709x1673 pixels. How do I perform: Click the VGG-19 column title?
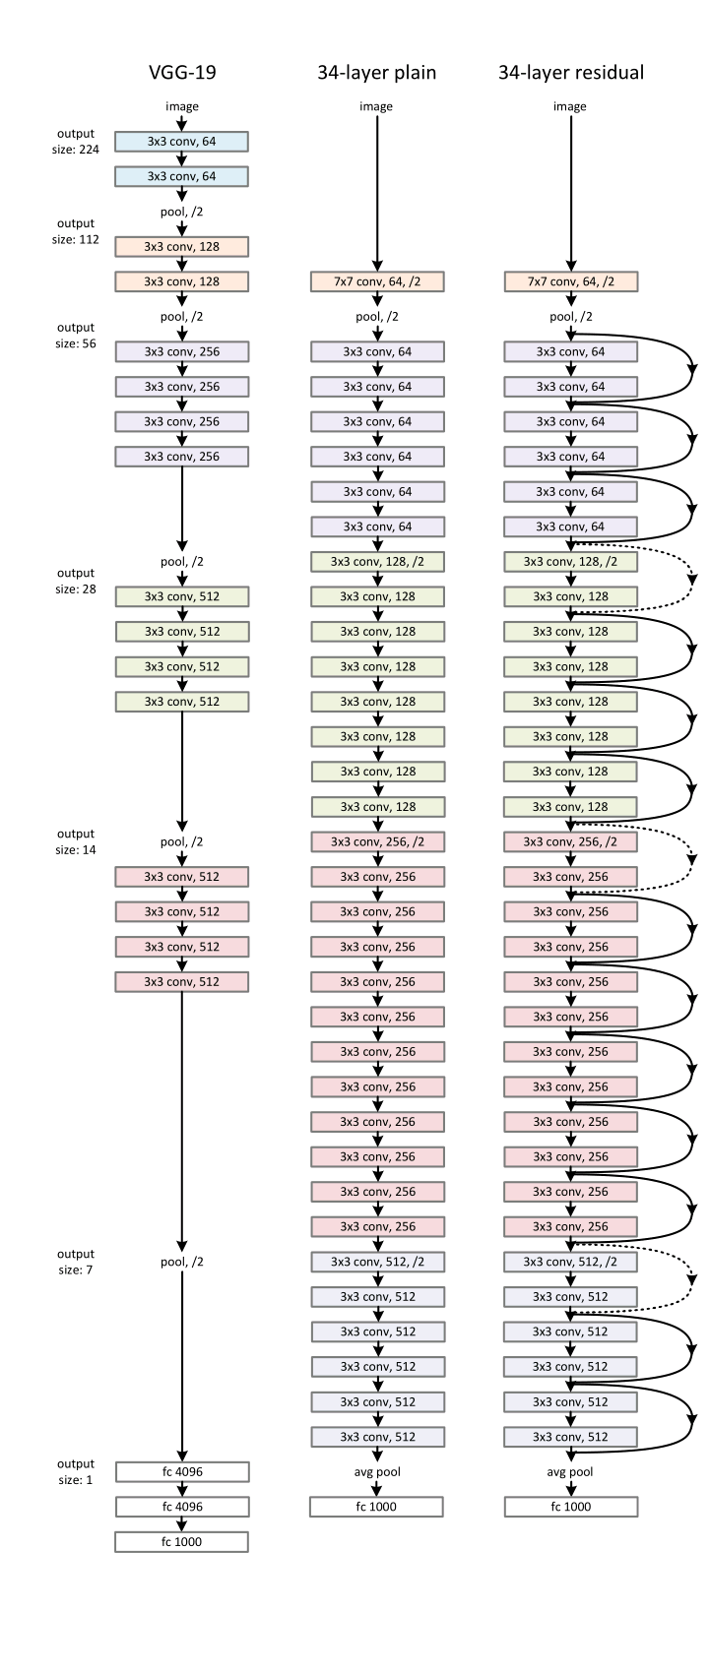coord(181,72)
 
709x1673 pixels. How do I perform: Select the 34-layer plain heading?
coord(376,72)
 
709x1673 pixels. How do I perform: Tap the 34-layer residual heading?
coord(571,72)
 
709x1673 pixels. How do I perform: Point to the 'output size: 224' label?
coord(76,142)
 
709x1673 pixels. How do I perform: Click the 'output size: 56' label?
coord(76,336)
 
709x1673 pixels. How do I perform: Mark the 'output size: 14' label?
coord(76,841)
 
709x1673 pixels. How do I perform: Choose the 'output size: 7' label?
coord(76,1262)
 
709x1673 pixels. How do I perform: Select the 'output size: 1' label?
coord(76,1471)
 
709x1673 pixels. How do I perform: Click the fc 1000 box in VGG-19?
coord(181,1541)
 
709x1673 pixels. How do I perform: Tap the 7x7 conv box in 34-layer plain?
coord(376,281)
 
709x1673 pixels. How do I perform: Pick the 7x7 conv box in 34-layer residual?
coord(571,281)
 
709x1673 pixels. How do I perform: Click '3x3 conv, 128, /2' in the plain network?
coord(376,561)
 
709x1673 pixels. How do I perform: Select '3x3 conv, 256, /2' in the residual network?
coord(571,841)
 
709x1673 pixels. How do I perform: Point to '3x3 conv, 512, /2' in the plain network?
coord(376,1262)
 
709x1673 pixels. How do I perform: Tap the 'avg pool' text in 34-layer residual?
coord(571,1472)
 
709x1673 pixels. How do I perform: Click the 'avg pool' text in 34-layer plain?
coord(376,1472)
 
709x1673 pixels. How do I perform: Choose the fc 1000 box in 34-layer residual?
coord(571,1507)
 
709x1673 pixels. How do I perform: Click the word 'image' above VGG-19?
coord(181,106)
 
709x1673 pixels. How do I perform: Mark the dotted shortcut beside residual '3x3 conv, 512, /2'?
coord(693,1279)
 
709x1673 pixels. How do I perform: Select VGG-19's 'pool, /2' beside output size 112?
coord(181,212)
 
